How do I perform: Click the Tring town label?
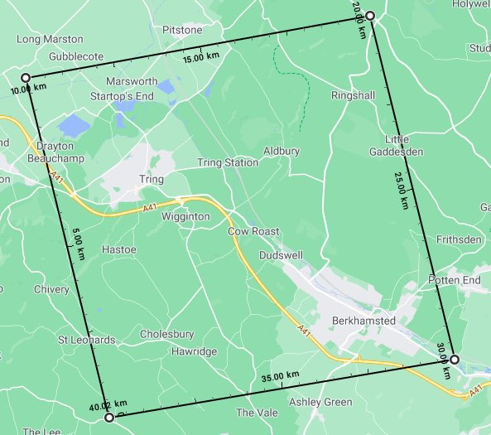[x=152, y=179]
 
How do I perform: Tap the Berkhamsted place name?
[x=364, y=321]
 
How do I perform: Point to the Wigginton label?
[x=186, y=217]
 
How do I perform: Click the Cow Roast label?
[x=253, y=231]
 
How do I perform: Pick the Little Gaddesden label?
[x=404, y=145]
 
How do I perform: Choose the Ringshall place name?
[x=353, y=96]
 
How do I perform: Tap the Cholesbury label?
[x=166, y=335]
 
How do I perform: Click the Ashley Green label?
[x=320, y=402]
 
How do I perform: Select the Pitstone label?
[x=182, y=30]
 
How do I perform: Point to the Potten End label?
[x=455, y=281]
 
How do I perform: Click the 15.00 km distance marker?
[x=201, y=58]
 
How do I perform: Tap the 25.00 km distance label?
[x=402, y=190]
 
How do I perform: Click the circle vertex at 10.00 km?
[x=26, y=78]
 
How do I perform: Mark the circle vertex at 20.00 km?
[x=370, y=16]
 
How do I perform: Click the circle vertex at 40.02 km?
[x=109, y=418]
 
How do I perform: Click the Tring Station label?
[x=228, y=162]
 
